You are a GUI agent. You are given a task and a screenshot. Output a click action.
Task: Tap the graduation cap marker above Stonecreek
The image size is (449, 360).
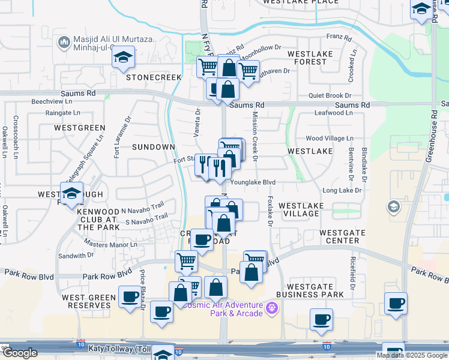[124, 58]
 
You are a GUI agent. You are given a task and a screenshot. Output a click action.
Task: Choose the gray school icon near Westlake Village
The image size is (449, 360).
[394, 207]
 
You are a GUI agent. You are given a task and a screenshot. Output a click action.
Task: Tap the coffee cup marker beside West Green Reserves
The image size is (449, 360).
[129, 296]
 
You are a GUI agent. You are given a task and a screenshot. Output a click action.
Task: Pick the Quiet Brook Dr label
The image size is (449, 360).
[330, 95]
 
